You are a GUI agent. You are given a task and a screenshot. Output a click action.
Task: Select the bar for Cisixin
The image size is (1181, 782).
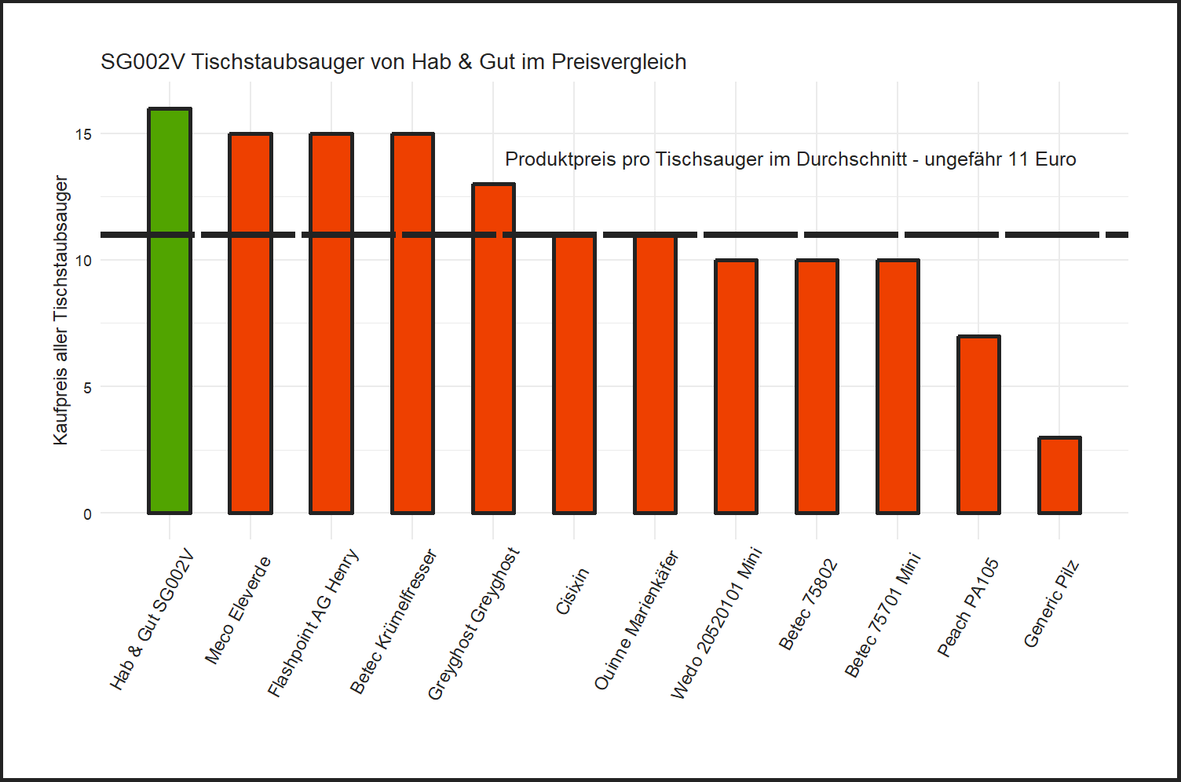coord(574,377)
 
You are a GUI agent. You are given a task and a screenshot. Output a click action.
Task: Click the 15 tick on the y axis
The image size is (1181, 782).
coord(83,134)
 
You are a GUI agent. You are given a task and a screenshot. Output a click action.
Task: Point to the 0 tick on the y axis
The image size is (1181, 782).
coord(87,514)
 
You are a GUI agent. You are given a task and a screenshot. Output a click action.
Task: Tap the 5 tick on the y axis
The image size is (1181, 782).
coord(87,388)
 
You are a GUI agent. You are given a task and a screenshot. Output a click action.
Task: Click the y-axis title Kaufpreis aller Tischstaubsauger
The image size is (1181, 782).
coord(60,310)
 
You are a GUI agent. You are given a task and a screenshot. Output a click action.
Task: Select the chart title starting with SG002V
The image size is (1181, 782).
coord(393,62)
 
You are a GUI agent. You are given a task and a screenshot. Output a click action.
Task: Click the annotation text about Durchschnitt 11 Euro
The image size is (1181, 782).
coord(790,159)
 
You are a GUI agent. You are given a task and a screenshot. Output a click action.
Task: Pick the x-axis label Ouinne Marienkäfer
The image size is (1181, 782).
coord(636,621)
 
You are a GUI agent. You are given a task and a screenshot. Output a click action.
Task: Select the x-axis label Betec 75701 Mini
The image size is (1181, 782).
coord(882,616)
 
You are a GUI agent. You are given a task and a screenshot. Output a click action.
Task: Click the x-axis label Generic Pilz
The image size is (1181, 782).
coord(1051,605)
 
